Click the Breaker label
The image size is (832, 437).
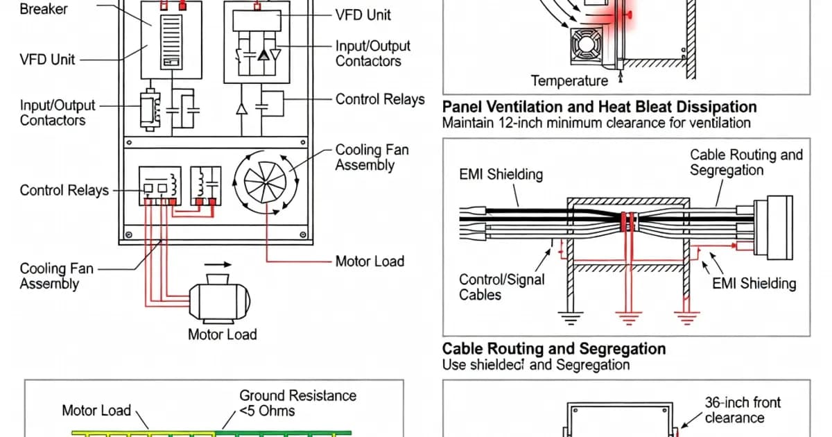coord(44,10)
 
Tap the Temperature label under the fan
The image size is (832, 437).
coord(569,81)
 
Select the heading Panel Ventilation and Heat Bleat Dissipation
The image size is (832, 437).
coord(599,107)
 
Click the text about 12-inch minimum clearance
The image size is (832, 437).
coord(596,123)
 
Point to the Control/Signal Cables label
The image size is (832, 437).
coord(502,287)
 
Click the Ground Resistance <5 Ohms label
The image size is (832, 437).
coord(297,403)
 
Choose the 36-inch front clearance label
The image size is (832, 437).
coord(743,410)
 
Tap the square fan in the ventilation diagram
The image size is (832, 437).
coord(586,46)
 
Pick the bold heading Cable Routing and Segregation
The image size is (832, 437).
coord(554,348)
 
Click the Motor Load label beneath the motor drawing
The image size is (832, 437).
coord(222,334)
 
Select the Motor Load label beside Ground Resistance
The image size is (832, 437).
coord(96,410)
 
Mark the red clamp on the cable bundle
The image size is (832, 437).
coord(629,223)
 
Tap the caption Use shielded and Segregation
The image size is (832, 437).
coord(536,364)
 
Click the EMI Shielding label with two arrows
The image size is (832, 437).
coord(754,283)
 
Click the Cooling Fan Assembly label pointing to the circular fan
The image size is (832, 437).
coord(372,157)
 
